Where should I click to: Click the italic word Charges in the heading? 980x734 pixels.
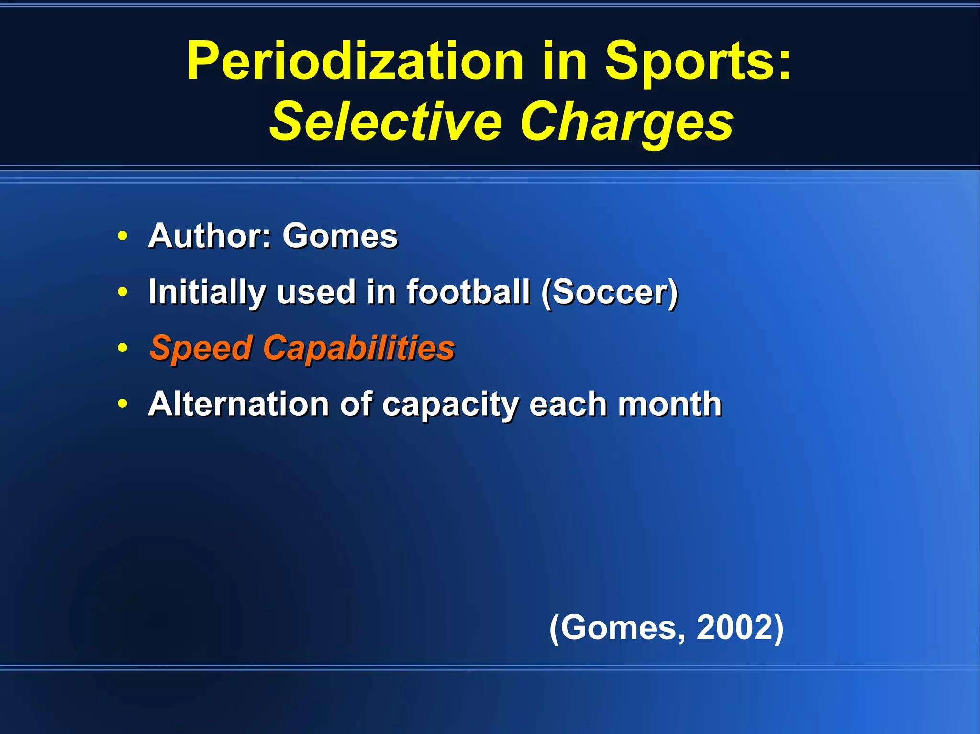(627, 122)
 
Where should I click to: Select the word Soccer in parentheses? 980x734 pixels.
(610, 292)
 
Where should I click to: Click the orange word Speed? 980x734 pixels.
(201, 348)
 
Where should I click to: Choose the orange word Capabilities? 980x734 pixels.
(359, 348)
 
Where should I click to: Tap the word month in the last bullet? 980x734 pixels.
(670, 404)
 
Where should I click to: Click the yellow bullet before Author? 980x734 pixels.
(122, 236)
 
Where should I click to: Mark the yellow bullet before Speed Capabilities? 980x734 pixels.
(122, 348)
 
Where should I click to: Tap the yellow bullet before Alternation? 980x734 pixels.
(122, 405)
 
